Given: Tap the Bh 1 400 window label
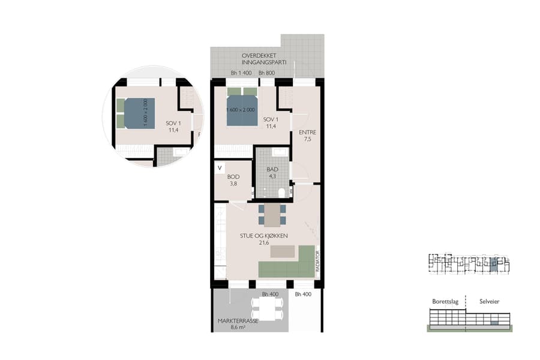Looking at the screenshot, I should [x=241, y=74].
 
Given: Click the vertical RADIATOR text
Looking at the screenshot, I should [x=318, y=261].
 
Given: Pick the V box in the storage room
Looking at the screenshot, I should [x=220, y=168].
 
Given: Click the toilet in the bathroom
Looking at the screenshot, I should [x=281, y=192].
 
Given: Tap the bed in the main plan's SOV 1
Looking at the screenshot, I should [x=242, y=108].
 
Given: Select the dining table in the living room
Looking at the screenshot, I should [x=272, y=215].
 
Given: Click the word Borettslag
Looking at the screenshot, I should [x=445, y=302].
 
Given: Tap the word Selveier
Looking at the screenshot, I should [x=489, y=302].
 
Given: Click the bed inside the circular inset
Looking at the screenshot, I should [x=138, y=113].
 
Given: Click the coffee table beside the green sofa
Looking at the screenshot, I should [x=283, y=251].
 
